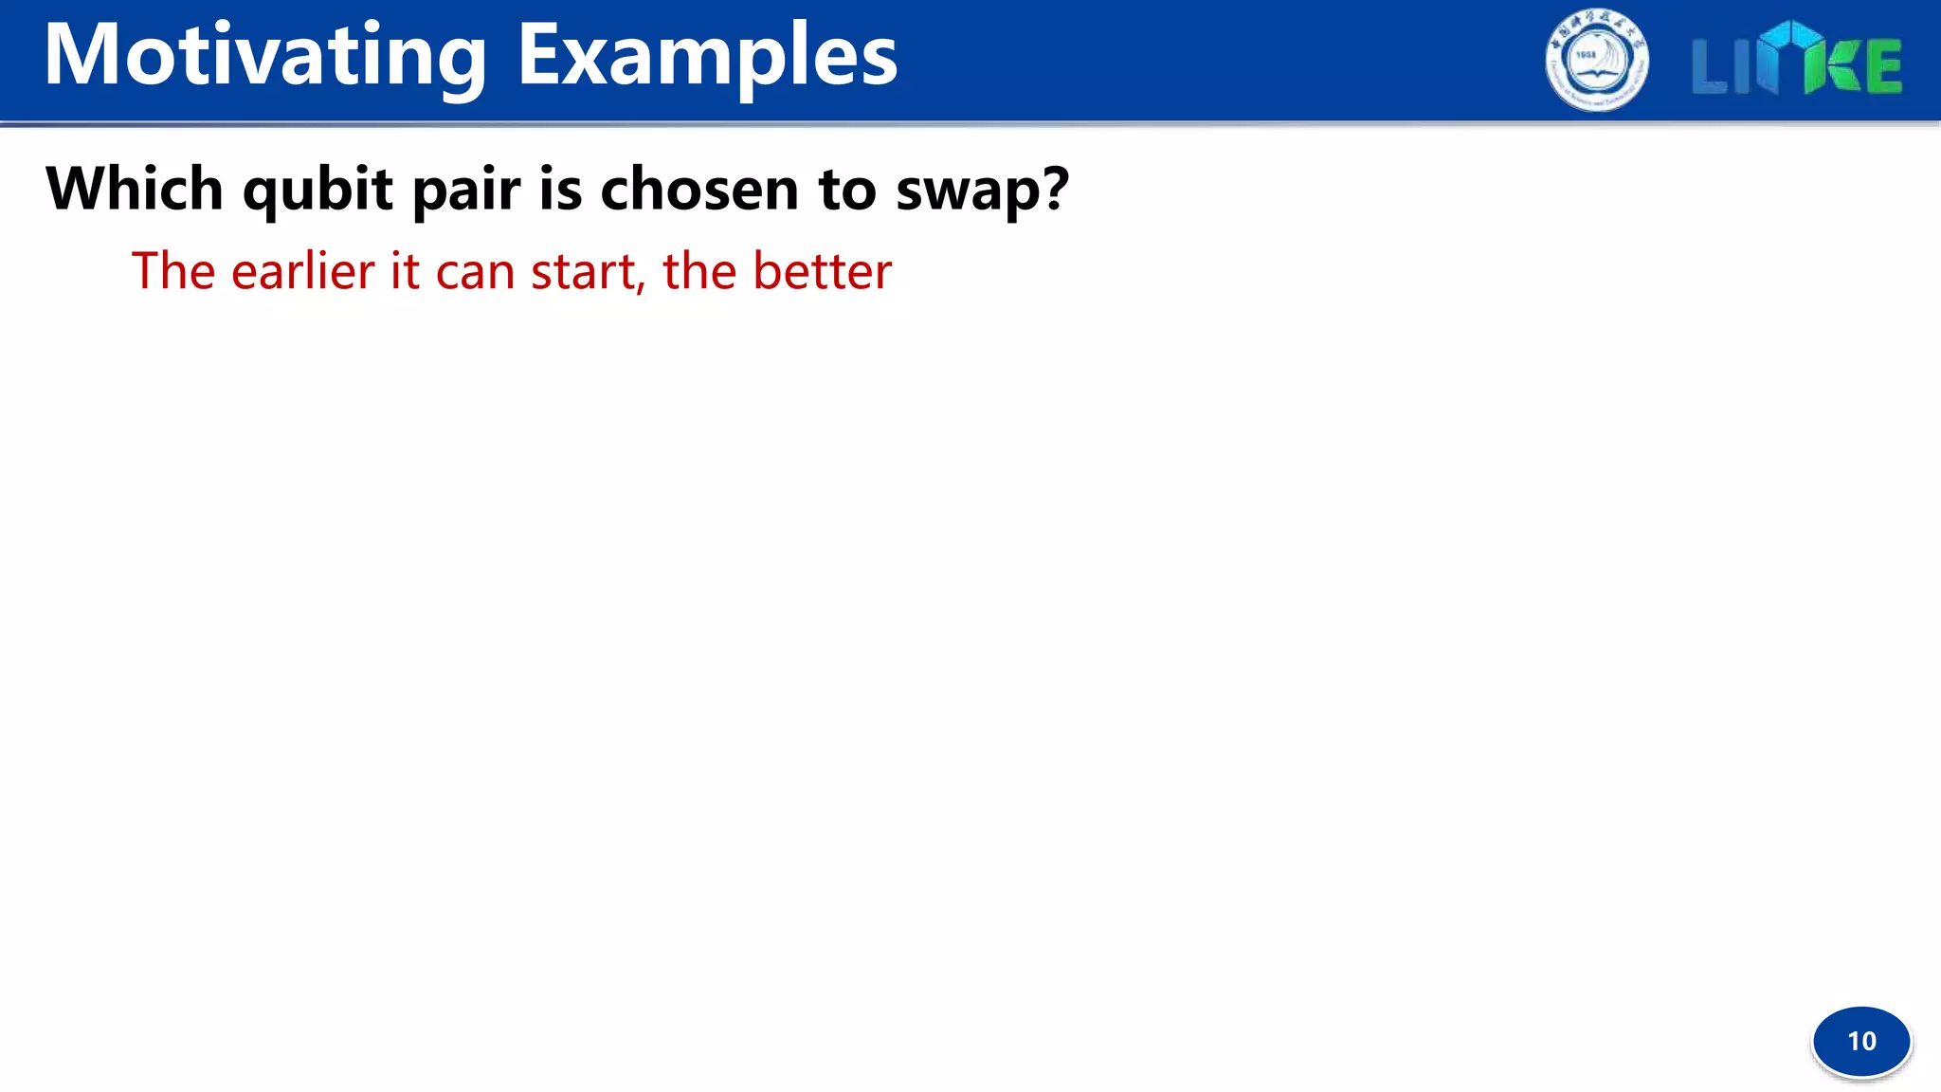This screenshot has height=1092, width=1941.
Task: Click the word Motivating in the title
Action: coord(265,57)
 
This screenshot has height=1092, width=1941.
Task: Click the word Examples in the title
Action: coord(707,57)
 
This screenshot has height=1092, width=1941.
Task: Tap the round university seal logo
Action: coord(1597,61)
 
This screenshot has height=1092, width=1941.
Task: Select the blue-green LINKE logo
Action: coord(1796,61)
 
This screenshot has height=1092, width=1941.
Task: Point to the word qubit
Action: coord(317,190)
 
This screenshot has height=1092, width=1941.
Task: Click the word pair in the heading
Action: coord(465,190)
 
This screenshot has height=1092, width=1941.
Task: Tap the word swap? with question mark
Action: coord(982,190)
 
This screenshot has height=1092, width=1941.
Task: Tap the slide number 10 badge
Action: coord(1861,1041)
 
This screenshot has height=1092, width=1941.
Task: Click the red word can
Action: coord(475,273)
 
